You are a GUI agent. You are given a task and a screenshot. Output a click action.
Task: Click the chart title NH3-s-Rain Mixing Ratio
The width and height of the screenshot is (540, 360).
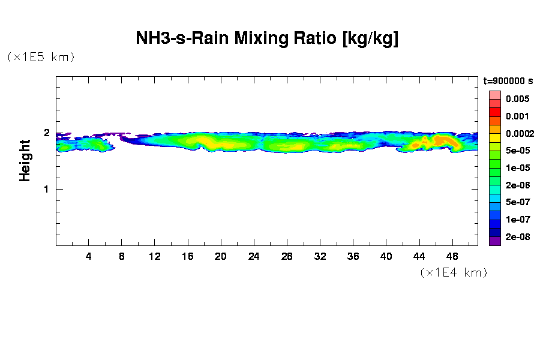tap(268, 39)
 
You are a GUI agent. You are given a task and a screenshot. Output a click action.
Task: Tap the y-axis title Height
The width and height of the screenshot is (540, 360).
tap(25, 160)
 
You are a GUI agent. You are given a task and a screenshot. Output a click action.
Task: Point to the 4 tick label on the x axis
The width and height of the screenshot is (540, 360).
tap(89, 256)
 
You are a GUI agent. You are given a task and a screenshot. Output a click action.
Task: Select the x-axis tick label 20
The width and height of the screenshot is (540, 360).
tap(221, 256)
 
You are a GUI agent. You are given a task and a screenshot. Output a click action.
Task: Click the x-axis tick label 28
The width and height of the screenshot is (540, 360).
tap(287, 256)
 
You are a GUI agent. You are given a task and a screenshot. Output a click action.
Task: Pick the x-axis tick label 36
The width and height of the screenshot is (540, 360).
tap(353, 256)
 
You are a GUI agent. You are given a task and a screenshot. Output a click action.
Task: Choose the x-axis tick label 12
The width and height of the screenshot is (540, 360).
tap(155, 256)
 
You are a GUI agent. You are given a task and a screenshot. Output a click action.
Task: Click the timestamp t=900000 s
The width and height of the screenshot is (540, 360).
tap(508, 81)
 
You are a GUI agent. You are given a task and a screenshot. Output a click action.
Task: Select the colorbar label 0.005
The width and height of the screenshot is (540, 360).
tap(517, 99)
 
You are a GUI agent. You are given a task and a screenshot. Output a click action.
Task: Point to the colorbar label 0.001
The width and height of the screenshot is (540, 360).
tap(517, 116)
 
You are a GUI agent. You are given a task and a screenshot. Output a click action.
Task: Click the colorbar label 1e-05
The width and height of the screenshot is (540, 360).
tap(517, 168)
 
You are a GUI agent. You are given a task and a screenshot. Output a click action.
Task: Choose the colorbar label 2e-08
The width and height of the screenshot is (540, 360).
tap(517, 237)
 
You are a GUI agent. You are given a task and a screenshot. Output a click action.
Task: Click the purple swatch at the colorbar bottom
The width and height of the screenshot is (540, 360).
tap(495, 241)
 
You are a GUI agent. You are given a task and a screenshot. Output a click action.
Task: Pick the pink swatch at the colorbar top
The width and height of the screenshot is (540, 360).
tap(495, 95)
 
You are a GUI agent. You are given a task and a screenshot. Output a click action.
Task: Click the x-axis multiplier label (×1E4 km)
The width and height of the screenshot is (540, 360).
tap(454, 273)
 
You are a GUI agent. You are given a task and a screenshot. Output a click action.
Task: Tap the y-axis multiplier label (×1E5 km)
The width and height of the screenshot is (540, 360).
tap(41, 57)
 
